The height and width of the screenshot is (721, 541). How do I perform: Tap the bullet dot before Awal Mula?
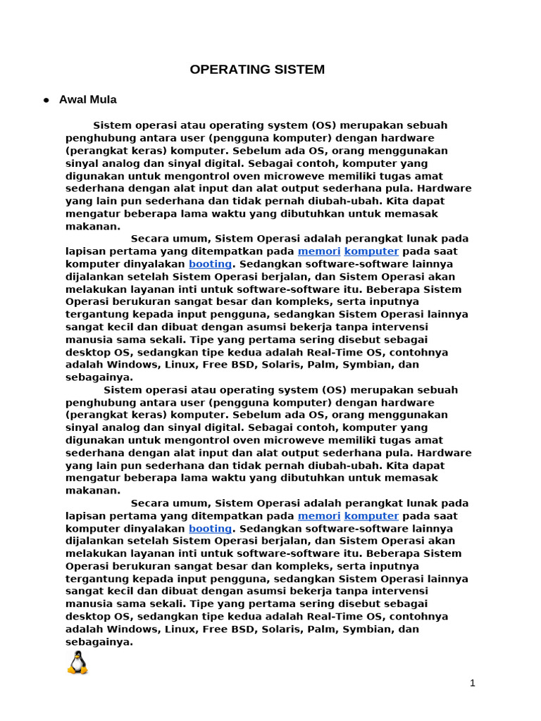click(46, 101)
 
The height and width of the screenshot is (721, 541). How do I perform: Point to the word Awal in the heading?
click(72, 100)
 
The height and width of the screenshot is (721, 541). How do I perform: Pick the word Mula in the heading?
click(103, 100)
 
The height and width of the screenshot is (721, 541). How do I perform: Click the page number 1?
click(473, 682)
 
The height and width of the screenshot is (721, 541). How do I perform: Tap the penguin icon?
click(77, 663)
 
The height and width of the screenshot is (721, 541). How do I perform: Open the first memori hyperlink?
click(319, 251)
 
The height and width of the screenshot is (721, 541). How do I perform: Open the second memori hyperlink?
click(319, 516)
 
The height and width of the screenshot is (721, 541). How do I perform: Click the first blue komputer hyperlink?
click(371, 251)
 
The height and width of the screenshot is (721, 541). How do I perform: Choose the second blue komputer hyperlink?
click(371, 516)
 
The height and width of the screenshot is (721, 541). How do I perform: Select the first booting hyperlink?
click(210, 264)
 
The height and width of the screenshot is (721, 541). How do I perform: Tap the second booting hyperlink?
click(210, 529)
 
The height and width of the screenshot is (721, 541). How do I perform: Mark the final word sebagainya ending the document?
click(99, 642)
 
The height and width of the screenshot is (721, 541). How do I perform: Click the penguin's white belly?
click(77, 665)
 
